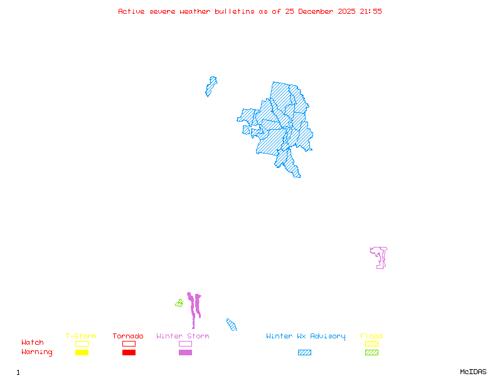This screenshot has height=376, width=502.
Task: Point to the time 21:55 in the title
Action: click(x=370, y=11)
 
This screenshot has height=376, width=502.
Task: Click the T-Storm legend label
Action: click(x=81, y=337)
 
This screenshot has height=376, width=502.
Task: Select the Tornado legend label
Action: click(x=128, y=337)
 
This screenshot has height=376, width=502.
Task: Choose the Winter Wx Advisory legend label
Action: click(x=306, y=337)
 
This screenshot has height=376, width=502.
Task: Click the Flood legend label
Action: click(x=371, y=337)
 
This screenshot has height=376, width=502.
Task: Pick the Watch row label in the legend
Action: click(x=33, y=343)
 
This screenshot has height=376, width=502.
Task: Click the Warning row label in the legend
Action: click(x=37, y=352)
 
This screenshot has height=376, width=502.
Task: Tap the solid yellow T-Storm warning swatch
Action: click(x=82, y=353)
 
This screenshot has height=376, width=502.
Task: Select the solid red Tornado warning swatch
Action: click(x=129, y=353)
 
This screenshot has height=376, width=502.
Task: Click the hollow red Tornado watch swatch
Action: click(x=129, y=343)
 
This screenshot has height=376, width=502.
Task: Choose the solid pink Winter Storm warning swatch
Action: click(x=185, y=353)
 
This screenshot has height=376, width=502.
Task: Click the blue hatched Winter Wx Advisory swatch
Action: click(x=304, y=353)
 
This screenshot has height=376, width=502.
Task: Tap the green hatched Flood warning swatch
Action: click(x=371, y=353)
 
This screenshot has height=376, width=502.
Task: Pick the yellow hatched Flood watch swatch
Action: click(x=371, y=343)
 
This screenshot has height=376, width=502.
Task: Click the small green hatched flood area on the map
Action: click(x=179, y=303)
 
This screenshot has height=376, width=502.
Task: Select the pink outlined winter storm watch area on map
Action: click(x=380, y=256)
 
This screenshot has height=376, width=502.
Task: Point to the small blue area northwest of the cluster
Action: click(x=211, y=86)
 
